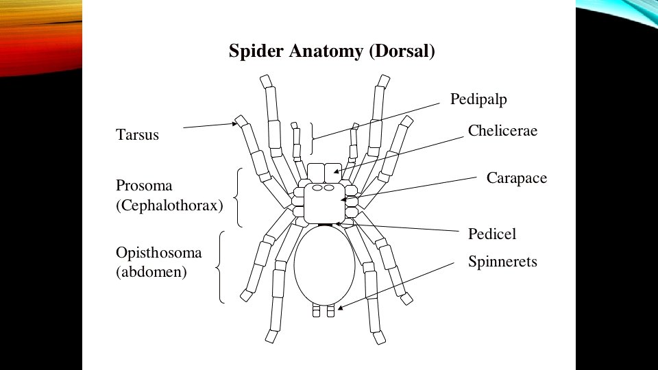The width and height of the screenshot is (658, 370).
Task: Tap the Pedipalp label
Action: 478,99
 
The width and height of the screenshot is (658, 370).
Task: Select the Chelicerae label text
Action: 502,131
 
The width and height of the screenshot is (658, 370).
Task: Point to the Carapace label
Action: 517,178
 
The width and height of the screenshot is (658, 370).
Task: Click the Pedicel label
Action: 492,234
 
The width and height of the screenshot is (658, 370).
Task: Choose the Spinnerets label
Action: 502,262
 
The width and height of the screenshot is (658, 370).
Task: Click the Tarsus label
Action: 138,135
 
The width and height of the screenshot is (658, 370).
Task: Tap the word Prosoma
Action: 144,186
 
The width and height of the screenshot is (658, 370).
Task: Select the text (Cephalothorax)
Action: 170,205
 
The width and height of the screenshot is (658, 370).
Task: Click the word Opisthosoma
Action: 159,253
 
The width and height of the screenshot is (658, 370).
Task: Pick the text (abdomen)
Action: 151,272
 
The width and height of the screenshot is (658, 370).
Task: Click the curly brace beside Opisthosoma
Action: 221,267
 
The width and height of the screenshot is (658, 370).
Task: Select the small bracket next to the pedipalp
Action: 312,138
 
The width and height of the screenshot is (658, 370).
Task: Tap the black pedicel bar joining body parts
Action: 325,224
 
